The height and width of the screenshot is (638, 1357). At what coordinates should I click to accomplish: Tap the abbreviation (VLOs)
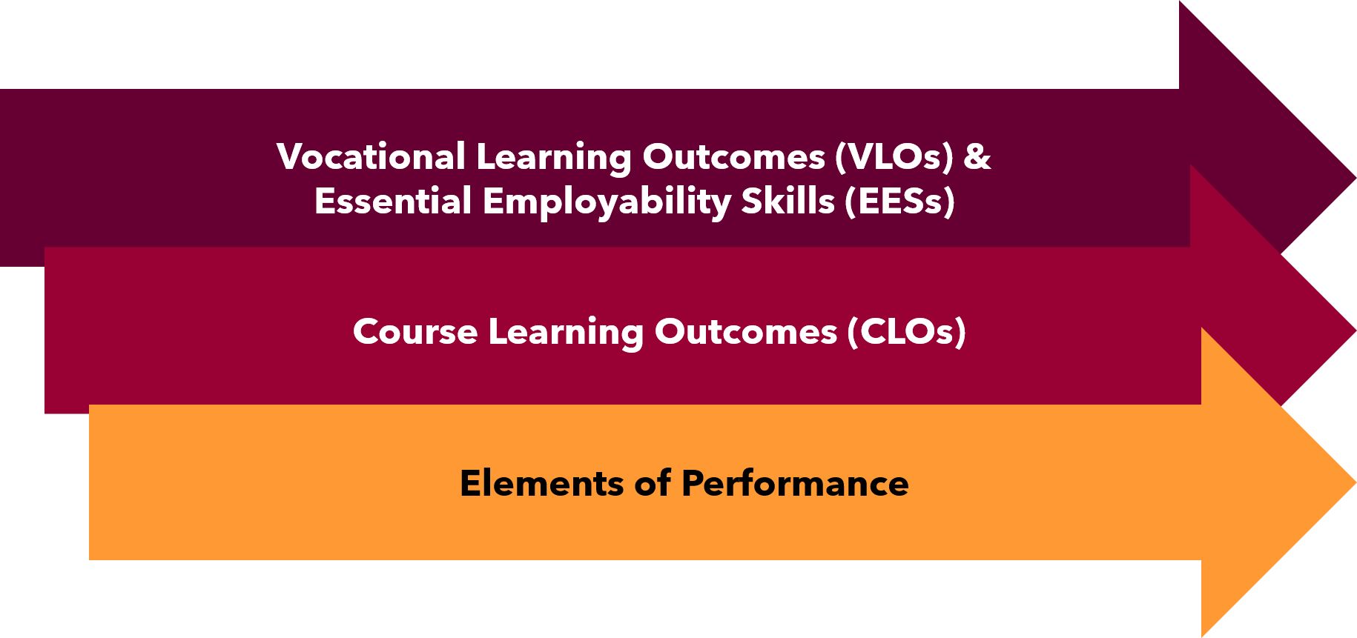point(894,157)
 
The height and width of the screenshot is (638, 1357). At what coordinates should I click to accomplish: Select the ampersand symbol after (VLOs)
point(977,157)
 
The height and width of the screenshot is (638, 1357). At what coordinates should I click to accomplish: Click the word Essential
point(393,201)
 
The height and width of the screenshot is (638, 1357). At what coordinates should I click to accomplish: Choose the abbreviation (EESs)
point(900,202)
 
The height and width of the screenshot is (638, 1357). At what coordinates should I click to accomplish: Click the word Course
point(415,331)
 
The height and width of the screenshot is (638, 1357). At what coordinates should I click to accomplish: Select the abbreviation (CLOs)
point(907,332)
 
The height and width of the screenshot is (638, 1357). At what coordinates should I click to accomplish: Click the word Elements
point(542,483)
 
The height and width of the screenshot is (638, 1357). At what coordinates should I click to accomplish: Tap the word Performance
point(795,483)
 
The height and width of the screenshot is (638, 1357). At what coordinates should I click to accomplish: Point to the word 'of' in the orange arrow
point(653,483)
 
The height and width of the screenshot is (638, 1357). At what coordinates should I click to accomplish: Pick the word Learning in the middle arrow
point(566,333)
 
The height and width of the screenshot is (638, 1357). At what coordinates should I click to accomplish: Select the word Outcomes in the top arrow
point(733,157)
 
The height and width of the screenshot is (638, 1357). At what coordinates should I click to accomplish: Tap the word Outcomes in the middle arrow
point(745,331)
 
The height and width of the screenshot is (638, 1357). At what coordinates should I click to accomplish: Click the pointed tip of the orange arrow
point(1356,482)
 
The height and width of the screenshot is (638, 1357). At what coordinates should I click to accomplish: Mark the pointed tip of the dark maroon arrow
point(1356,178)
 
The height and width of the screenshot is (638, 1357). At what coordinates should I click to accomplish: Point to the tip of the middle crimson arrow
point(1356,330)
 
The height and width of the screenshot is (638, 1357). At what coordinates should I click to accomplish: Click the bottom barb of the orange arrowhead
point(1202,637)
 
